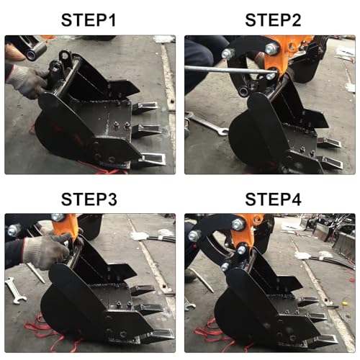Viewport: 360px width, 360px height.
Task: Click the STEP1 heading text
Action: click(90, 19)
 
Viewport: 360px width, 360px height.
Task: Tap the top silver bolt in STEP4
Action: click(194, 235)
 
